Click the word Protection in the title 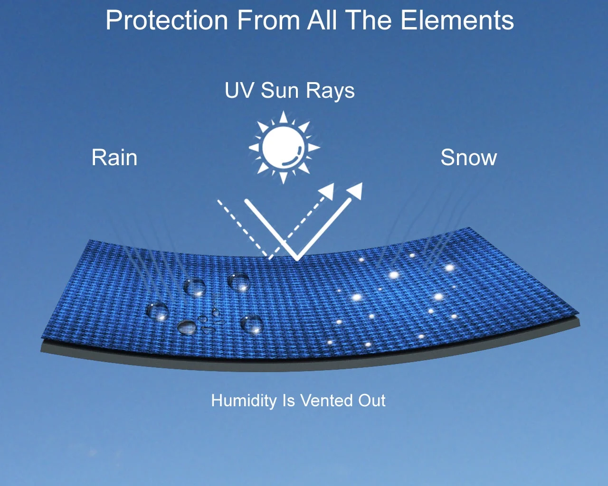point(167,20)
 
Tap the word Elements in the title point(457,20)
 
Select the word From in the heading point(268,20)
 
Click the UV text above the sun point(238,90)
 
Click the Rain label point(114,158)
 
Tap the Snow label point(468,158)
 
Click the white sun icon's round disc point(284,148)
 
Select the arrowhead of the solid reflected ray point(355,191)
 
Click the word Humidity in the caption point(244,401)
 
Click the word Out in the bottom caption point(372,401)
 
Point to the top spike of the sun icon point(284,117)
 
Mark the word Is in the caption point(288,401)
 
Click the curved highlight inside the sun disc point(293,159)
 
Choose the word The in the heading point(369,20)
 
